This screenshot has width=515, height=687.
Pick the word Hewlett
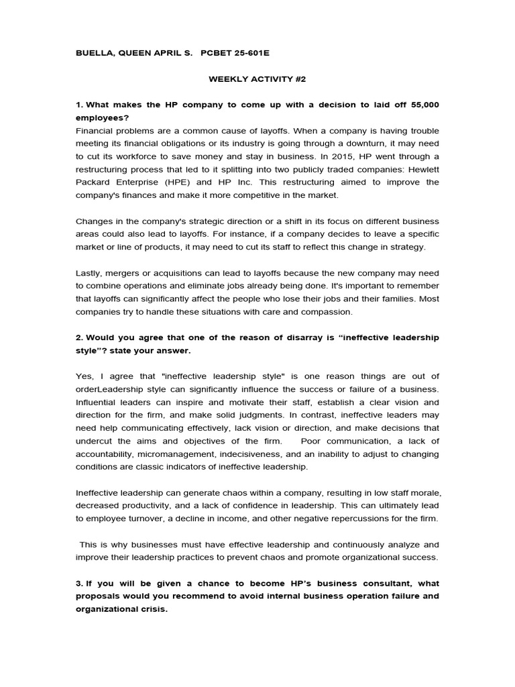[x=422, y=169]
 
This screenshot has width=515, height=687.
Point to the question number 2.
[x=78, y=337]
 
